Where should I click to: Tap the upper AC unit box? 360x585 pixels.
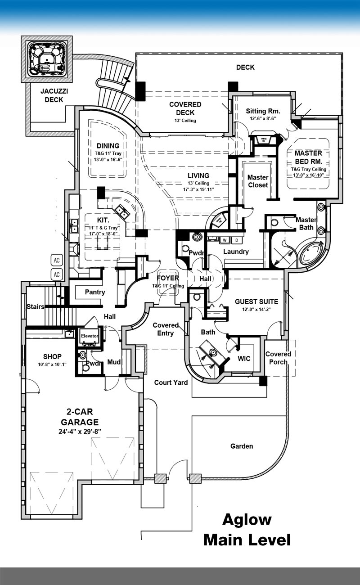point(57,261)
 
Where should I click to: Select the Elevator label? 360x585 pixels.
point(90,336)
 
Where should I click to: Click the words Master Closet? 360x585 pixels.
point(258,181)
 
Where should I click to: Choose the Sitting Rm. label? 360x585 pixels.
point(263,111)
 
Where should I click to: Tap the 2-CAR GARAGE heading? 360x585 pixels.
point(82,418)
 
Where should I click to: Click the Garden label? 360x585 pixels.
point(242,446)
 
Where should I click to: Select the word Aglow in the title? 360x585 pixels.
point(247,520)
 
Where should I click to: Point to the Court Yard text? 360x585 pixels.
point(171,382)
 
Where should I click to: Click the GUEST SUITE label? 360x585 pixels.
point(256,301)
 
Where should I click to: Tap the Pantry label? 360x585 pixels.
point(95,292)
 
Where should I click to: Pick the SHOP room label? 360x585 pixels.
point(52,356)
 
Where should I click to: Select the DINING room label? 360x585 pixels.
point(108,145)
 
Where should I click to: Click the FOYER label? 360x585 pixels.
point(168,279)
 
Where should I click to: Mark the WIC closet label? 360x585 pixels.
point(244,359)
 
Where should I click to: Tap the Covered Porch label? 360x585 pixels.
point(278,358)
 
